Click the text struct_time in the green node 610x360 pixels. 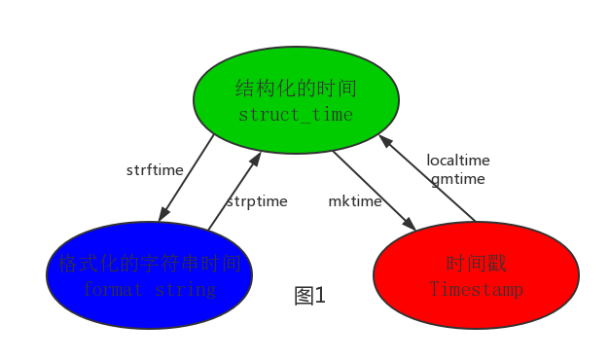click(296, 115)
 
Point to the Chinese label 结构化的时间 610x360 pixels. click(296, 90)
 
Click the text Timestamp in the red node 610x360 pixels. click(476, 289)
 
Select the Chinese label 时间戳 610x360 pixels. click(476, 264)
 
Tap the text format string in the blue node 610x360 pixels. click(149, 289)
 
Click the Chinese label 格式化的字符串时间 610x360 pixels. click(149, 264)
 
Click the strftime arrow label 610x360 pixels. click(155, 170)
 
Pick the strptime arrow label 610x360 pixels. click(257, 201)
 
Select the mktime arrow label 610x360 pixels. click(354, 201)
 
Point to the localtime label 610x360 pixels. click(458, 161)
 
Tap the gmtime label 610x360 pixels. click(458, 179)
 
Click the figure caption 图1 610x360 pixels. click(310, 296)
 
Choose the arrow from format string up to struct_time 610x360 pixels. click(234, 190)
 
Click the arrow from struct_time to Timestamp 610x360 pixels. click(375, 190)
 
